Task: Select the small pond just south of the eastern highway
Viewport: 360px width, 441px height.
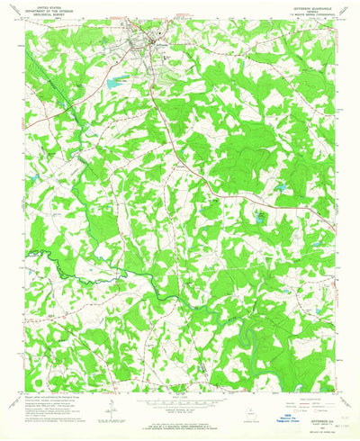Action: click(x=261, y=217)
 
